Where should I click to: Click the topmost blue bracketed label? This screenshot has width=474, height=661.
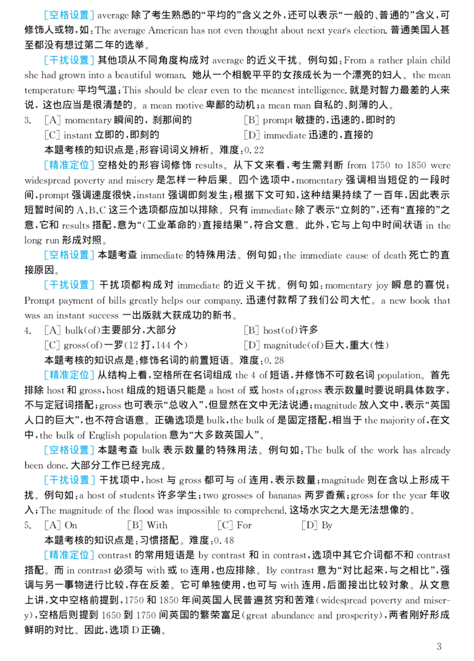point(69,17)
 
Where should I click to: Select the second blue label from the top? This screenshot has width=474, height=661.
point(69,60)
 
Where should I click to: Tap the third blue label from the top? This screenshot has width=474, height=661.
point(69,164)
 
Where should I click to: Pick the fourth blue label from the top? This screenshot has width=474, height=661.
point(69,254)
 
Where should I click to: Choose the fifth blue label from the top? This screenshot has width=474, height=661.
point(69,286)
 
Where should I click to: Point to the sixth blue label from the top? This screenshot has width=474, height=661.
point(69,376)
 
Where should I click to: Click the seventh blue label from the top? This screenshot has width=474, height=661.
point(69,449)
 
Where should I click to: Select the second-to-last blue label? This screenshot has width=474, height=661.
point(69,481)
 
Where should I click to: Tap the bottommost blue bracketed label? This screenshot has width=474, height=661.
point(69,555)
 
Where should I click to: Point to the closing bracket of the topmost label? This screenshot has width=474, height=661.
point(91,17)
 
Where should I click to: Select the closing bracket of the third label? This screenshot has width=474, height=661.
point(91,164)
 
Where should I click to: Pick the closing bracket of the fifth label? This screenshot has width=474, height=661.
point(91,286)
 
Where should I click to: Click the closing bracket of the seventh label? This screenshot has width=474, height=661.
point(91,449)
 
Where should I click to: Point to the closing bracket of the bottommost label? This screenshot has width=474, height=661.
point(91,555)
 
